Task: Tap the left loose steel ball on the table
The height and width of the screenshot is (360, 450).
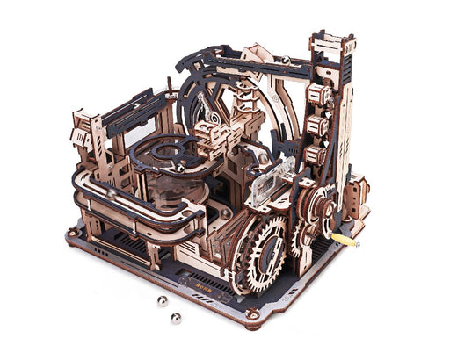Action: tap(162, 300)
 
